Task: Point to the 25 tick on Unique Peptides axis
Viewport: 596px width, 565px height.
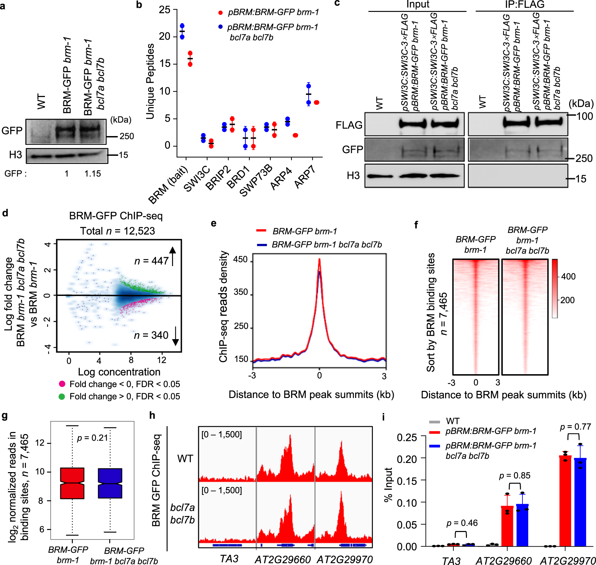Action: click(165, 10)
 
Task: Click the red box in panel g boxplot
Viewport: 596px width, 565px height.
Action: click(72, 483)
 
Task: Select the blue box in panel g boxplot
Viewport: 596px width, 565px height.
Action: click(110, 483)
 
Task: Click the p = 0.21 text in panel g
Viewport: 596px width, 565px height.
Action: click(92, 438)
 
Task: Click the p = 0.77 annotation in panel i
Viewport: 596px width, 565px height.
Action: click(575, 427)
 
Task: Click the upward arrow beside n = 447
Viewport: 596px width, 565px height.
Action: click(173, 256)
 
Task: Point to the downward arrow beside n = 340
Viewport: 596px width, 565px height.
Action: click(175, 336)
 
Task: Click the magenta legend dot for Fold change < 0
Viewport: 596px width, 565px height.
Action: click(62, 384)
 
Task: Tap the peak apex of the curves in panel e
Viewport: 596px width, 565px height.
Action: click(319, 259)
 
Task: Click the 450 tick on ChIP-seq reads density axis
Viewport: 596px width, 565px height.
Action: click(240, 260)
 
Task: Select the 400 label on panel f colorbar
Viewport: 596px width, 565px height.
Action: click(568, 276)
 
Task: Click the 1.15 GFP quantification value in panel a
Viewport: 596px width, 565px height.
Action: click(93, 174)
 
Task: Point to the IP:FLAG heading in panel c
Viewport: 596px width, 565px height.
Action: click(524, 4)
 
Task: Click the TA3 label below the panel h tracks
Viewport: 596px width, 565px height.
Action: click(229, 559)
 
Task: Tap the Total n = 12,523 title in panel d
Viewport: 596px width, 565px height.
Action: click(117, 231)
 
